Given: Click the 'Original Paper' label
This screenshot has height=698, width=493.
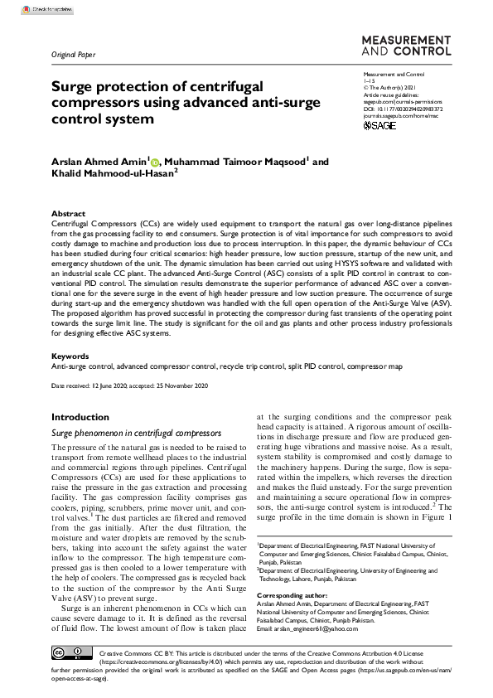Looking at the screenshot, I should pos(74,56).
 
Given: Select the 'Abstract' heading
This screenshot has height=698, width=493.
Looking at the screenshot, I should pos(68,213).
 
